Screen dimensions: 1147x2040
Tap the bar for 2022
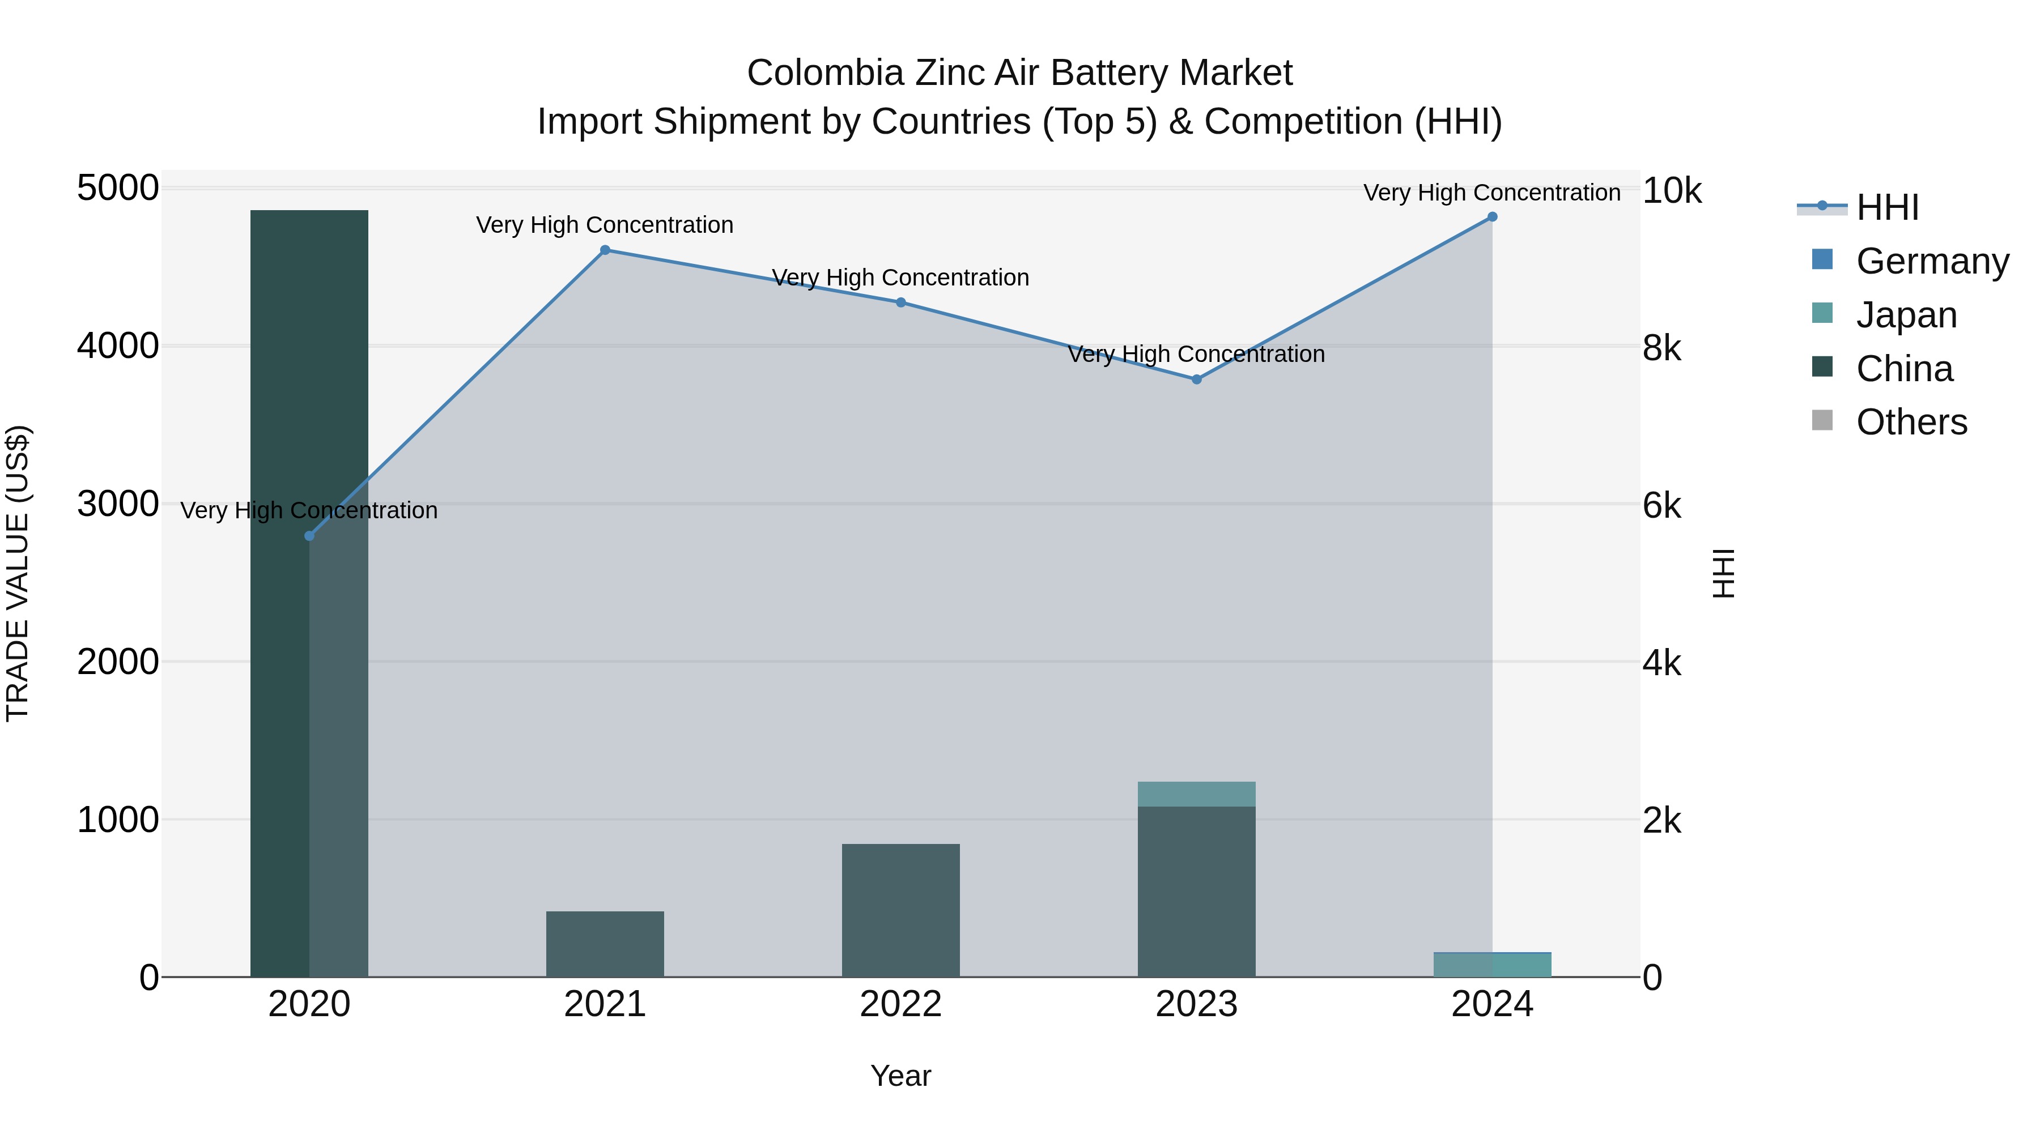(900, 910)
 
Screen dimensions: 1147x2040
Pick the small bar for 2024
(1492, 965)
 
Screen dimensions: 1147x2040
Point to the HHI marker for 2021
(605, 250)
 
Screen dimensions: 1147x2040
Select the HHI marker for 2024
(1492, 217)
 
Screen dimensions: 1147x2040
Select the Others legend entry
(1910, 423)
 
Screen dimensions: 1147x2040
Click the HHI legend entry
(1886, 207)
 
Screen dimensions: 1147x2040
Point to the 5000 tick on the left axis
(117, 189)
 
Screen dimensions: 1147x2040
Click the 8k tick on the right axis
(1661, 348)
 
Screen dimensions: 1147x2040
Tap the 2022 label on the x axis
(900, 1004)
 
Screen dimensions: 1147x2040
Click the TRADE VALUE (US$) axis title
(18, 573)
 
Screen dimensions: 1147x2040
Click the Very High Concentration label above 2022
(900, 278)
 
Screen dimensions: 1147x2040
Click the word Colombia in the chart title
(825, 73)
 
